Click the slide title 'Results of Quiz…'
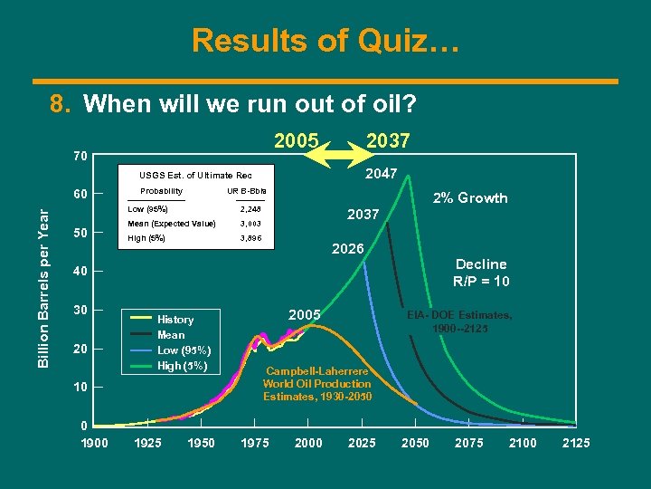click(325, 40)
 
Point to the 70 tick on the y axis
click(80, 157)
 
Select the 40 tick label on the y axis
click(80, 272)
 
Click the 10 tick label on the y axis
click(80, 388)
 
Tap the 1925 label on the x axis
click(148, 443)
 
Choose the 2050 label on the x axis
click(415, 443)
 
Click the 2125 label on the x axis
click(576, 443)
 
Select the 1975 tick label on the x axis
click(255, 443)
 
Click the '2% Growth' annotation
click(469, 198)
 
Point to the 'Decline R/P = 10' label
click(481, 273)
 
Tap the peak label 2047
click(380, 173)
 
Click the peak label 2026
click(347, 249)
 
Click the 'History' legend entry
click(175, 320)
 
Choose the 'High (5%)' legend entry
click(184, 366)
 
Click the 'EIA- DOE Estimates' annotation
click(458, 321)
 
